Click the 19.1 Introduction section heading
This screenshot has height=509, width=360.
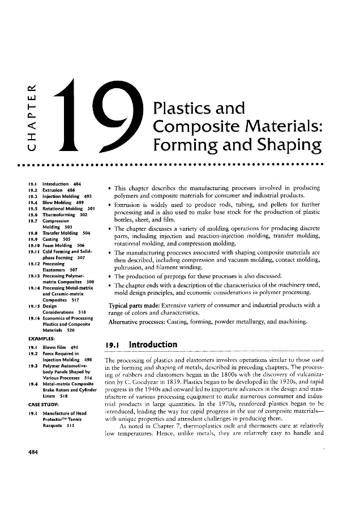142,344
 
